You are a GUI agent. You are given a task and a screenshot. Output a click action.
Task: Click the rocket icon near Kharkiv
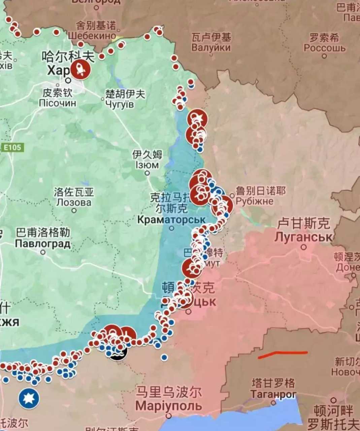coord(80,70)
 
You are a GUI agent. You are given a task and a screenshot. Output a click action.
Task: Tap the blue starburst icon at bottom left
coord(29,398)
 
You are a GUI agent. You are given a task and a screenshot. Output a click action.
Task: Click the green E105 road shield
coord(12,147)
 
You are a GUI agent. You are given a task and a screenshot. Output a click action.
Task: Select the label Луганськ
coord(303,237)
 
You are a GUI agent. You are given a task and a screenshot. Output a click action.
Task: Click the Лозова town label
coord(73,202)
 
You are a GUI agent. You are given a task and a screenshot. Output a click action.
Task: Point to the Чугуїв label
coord(120,104)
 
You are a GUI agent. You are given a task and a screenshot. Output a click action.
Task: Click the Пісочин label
coord(58,103)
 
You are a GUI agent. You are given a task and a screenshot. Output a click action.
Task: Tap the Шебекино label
coord(92,36)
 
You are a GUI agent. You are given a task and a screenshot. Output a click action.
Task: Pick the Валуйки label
coord(211,47)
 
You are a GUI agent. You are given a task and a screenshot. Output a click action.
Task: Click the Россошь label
coord(325,48)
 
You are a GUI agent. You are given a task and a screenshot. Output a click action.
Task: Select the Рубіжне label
coord(255,201)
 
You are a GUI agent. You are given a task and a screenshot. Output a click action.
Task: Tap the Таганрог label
coord(273,394)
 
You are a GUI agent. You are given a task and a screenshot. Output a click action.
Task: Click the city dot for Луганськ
coord(304,247)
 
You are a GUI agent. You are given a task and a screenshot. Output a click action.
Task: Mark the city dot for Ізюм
coord(147,173)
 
